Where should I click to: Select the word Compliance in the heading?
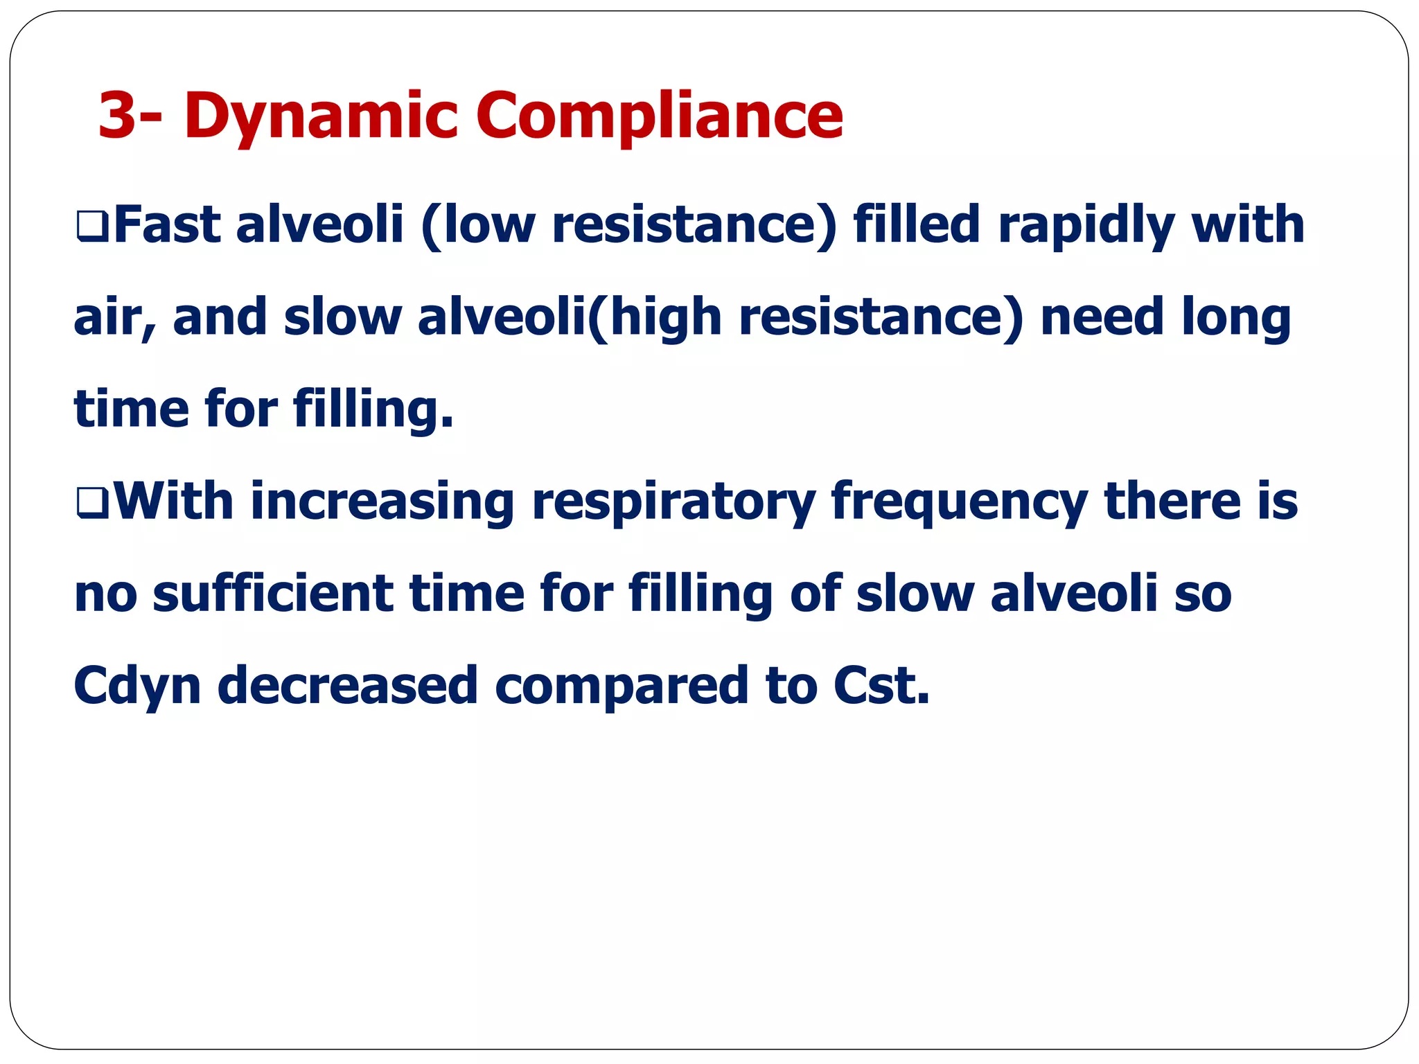(x=659, y=116)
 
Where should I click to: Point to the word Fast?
(x=167, y=224)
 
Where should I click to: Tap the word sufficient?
(x=273, y=594)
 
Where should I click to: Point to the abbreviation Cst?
(x=881, y=686)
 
